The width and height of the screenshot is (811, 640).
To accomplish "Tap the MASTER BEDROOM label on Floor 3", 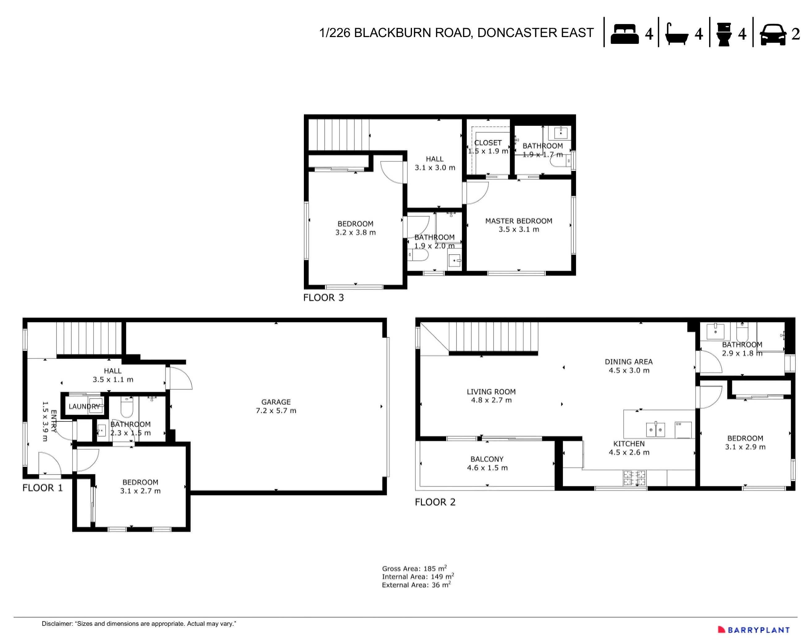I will coord(519,221).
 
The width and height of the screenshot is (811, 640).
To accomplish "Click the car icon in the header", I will coord(772,35).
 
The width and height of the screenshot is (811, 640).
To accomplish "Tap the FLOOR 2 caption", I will coord(435,502).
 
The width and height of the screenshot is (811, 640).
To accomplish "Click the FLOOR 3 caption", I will coord(323,298).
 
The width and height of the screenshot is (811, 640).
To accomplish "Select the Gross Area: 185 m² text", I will coord(414,568).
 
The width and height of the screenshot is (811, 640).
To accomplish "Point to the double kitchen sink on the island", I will coord(656,430).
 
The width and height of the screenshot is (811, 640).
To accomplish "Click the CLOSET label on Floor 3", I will coord(488,143).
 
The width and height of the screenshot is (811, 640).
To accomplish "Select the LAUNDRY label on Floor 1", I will coord(83,406).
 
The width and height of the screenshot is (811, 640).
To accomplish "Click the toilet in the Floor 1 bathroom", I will coord(127,407).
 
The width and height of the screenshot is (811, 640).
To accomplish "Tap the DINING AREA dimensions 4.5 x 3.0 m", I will coord(628,371).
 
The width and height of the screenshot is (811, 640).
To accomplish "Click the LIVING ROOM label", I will coord(491,392).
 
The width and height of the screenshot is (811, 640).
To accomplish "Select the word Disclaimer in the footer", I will coord(57,624).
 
